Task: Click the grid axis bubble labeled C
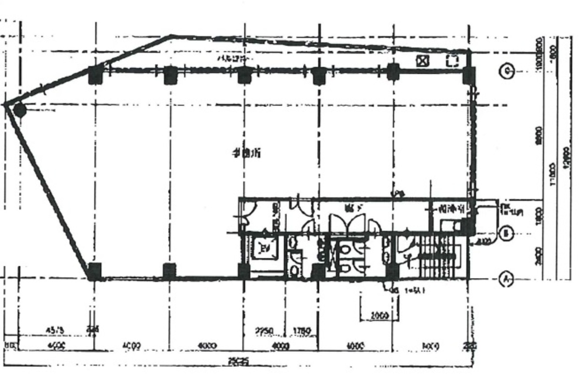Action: [x=506, y=72]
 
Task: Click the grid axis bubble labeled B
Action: [x=506, y=234]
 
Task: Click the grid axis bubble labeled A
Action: [x=506, y=279]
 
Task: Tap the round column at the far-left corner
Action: [x=19, y=110]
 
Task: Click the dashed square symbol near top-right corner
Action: [x=452, y=61]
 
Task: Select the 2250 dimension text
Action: [x=265, y=332]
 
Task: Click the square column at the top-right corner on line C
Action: [x=469, y=75]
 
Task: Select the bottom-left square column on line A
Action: [x=94, y=271]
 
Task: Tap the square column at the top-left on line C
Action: [x=95, y=75]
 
